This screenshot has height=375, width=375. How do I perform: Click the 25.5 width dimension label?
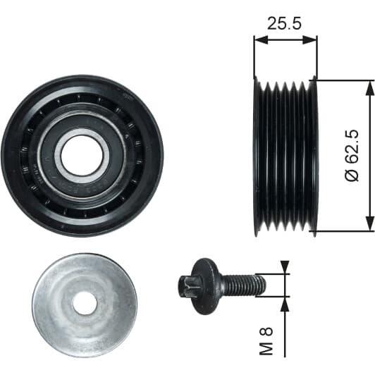pos(284,23)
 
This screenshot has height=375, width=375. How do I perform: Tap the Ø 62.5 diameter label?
pos(352,156)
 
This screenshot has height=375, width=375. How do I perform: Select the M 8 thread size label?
pos(266,340)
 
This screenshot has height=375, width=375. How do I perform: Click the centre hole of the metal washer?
pos(85,303)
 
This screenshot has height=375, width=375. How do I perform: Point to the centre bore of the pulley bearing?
pos(82,156)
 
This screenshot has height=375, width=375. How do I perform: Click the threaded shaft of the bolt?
pos(242,285)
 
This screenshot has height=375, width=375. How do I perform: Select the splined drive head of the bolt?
pos(187,286)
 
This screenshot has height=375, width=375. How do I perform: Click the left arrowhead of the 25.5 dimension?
pos(261,40)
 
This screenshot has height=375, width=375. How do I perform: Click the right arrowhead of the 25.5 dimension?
pos(310,40)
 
